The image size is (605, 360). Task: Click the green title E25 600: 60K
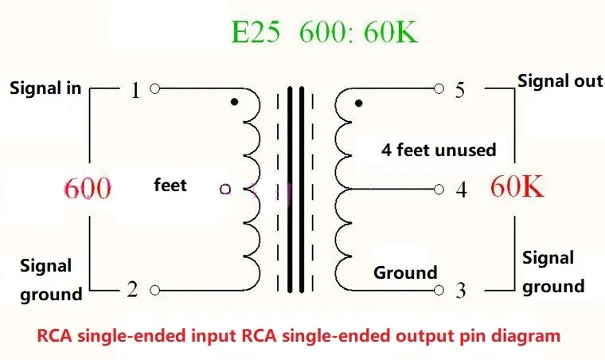tap(323, 33)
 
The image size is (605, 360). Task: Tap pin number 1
tap(135, 91)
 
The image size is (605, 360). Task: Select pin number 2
tap(132, 291)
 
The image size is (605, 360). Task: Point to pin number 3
tap(460, 292)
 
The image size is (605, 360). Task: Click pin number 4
tap(460, 191)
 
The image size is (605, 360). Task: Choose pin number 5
tap(460, 91)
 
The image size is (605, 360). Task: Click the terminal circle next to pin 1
tap(154, 88)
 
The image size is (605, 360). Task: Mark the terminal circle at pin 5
tap(439, 88)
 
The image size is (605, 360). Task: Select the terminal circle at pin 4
tap(439, 189)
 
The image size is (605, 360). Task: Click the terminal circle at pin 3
tap(439, 289)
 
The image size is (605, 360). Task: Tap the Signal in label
tap(45, 88)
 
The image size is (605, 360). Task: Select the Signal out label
tap(560, 80)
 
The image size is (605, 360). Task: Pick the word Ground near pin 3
tap(405, 272)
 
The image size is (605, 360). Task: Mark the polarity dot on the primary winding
tap(232, 103)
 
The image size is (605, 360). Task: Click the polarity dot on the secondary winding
tap(359, 104)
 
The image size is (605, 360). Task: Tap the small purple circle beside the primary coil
tap(225, 190)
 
